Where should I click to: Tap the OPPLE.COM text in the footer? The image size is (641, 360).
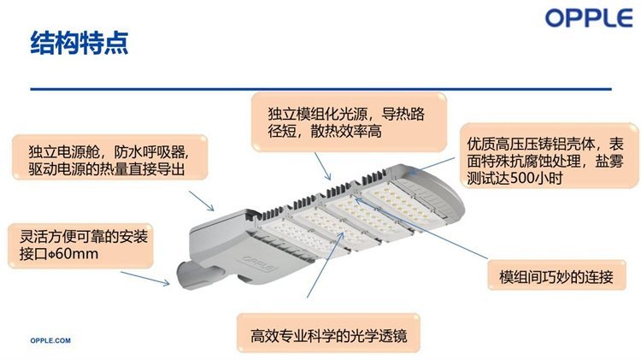(50, 339)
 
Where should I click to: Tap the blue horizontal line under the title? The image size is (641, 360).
(320, 88)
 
